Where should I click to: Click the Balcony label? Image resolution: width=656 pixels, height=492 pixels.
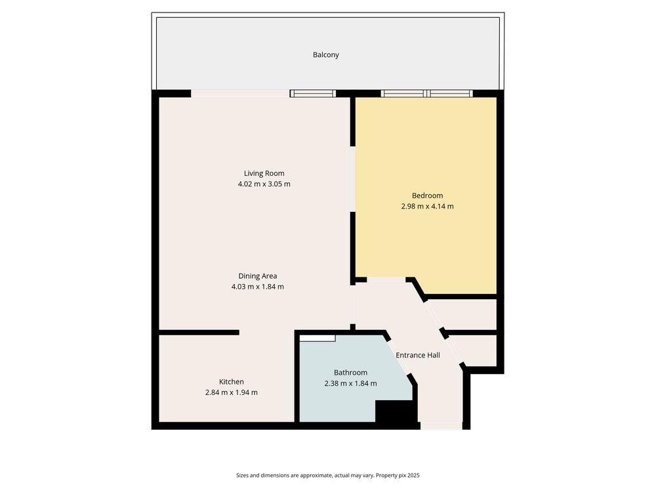click(x=325, y=55)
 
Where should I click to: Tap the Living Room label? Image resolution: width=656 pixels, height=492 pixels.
click(x=264, y=173)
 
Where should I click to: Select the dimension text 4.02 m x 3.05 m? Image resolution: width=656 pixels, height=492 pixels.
click(x=264, y=184)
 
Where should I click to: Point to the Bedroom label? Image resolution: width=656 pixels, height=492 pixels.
click(x=427, y=195)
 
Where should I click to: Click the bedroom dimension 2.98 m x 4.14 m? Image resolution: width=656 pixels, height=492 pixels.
click(x=427, y=206)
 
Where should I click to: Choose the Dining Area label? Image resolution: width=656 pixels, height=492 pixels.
click(x=258, y=276)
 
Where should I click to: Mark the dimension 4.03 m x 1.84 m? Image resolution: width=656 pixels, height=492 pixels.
click(x=258, y=287)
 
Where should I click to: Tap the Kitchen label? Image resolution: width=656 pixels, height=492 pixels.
click(x=232, y=382)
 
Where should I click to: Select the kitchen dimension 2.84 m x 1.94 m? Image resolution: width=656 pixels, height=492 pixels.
click(x=232, y=393)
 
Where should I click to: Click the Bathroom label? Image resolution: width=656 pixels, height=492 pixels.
click(x=350, y=373)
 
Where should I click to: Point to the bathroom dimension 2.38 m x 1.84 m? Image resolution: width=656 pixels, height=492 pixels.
click(x=350, y=384)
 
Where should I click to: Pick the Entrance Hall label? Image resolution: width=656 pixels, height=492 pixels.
click(x=418, y=355)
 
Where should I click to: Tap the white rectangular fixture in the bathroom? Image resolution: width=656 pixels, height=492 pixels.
click(x=318, y=338)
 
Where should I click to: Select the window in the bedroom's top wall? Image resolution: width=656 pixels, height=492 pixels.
click(x=427, y=93)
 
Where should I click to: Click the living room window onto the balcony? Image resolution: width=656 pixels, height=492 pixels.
click(x=313, y=93)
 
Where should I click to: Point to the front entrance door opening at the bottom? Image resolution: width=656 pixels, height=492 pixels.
click(x=441, y=426)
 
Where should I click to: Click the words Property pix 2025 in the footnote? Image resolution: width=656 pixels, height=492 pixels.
click(x=398, y=475)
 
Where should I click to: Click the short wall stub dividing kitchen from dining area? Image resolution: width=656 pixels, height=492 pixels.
click(x=199, y=333)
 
